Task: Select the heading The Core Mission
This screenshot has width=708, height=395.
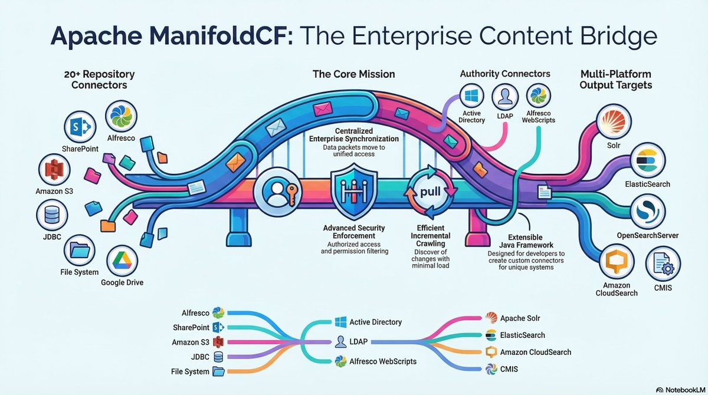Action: coord(354,74)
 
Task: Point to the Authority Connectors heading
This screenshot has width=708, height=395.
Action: coord(504,74)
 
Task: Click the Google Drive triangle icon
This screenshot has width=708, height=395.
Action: coord(123,261)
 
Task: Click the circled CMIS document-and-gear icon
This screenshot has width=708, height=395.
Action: coord(663,265)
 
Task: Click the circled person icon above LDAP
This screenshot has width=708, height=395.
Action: coord(505,96)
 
